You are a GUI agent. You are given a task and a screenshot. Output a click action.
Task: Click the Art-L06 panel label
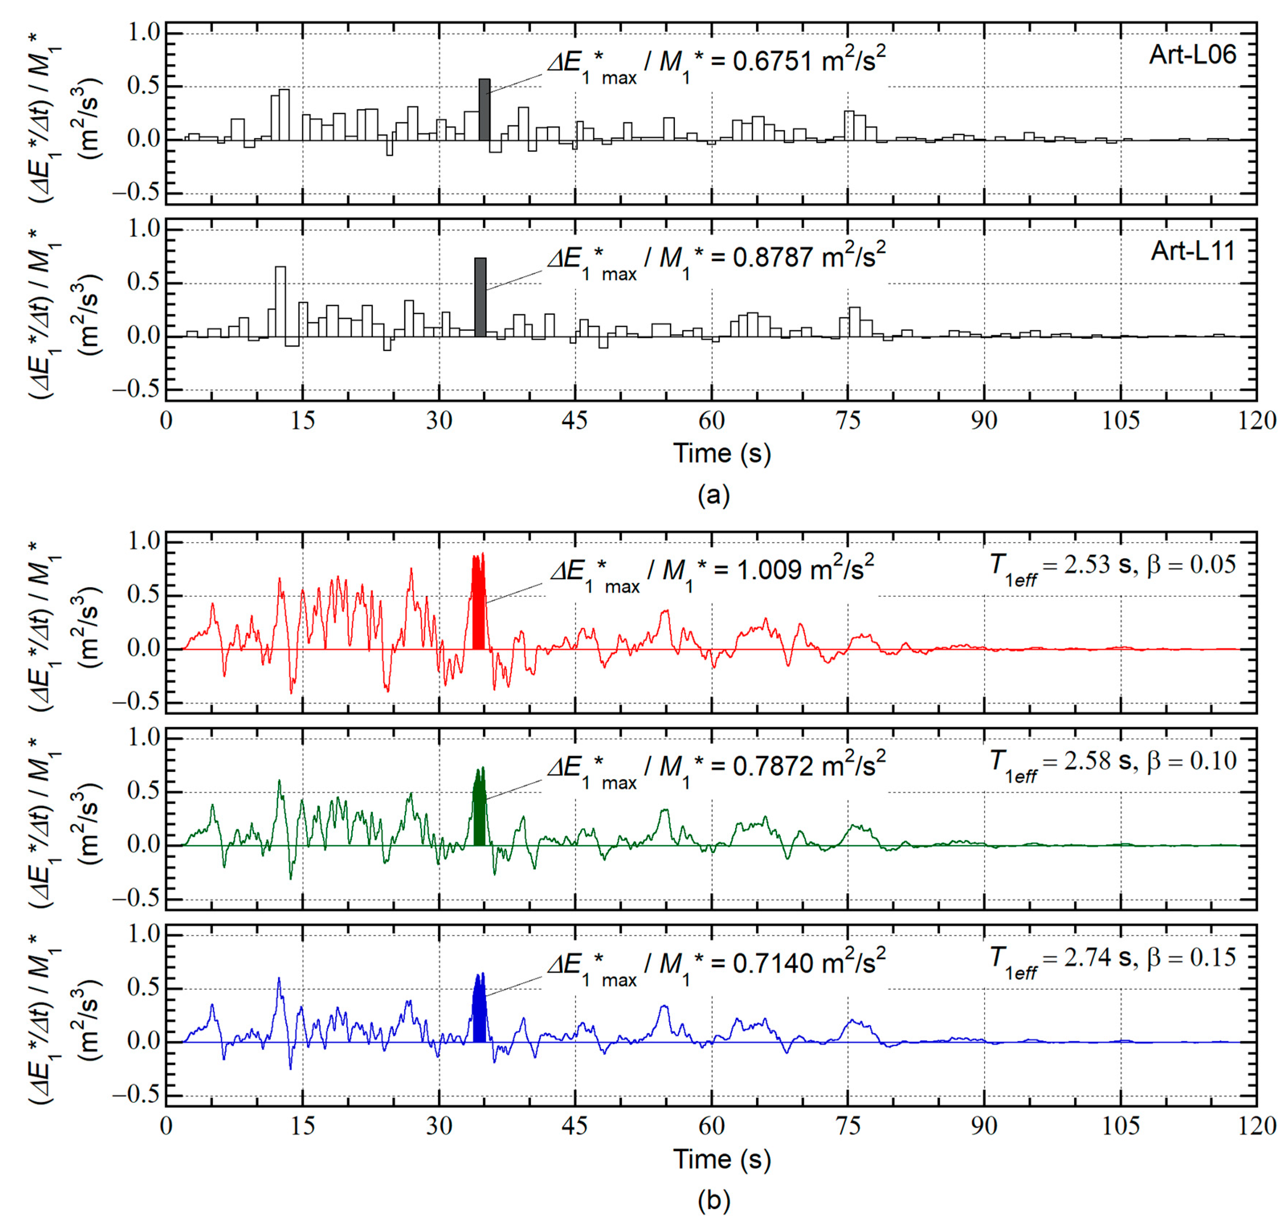(1192, 54)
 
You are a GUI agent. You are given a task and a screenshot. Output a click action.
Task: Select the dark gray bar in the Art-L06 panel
(484, 110)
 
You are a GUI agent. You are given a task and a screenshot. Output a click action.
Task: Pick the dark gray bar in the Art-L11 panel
(480, 297)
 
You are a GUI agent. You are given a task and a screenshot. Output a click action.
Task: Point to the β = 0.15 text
(1191, 957)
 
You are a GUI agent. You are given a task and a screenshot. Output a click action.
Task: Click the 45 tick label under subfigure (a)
(575, 420)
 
